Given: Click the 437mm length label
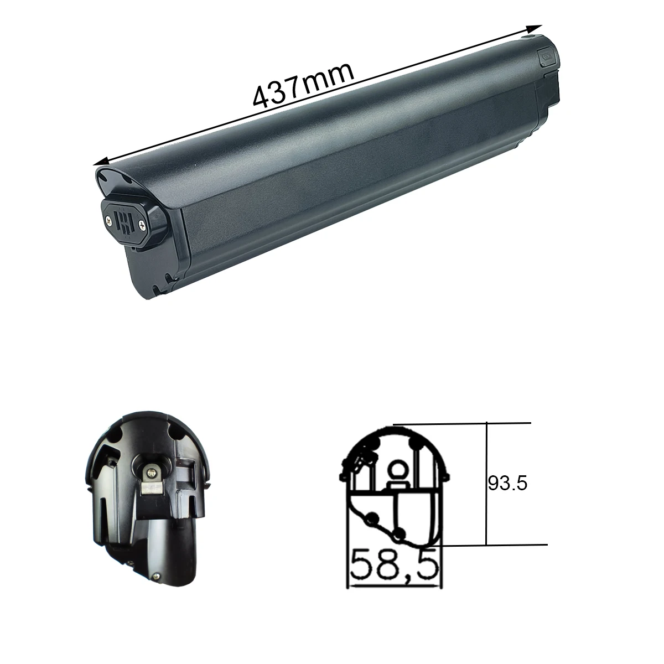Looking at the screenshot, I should click(x=303, y=85).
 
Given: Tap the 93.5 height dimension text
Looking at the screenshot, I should click(x=508, y=484).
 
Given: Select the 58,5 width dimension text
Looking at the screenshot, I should click(x=395, y=565).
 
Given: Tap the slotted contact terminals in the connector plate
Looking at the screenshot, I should click(x=127, y=221).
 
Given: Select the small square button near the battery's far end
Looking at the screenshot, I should click(x=544, y=56).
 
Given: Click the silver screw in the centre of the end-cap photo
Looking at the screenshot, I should click(x=151, y=471).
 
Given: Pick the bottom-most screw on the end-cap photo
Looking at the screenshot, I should click(x=157, y=575).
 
